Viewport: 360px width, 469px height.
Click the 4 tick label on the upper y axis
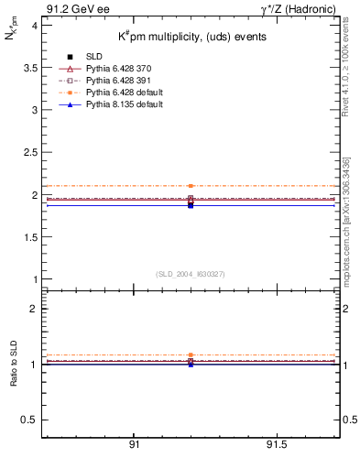coord(33,26)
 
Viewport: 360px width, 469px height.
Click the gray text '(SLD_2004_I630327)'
coord(191,273)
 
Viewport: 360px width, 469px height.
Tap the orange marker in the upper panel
coord(191,186)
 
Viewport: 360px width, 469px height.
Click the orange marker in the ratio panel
coord(191,354)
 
